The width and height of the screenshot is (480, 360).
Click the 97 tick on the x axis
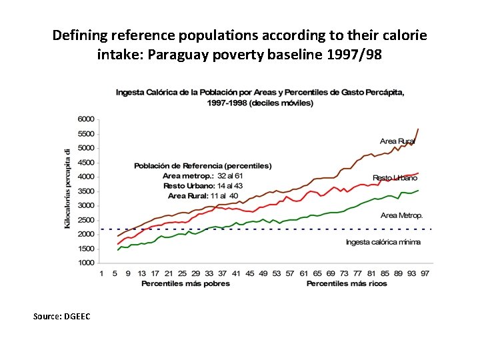425,273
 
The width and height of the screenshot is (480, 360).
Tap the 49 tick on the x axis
263,273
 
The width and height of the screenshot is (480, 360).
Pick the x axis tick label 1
101,273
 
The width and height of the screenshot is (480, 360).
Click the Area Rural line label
397,141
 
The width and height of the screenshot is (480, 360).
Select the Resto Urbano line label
395,178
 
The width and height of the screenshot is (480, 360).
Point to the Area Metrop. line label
401,215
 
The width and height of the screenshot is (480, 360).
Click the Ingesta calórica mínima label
383,242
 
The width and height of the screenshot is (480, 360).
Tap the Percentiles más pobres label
185,283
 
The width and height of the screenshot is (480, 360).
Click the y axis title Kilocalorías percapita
67,189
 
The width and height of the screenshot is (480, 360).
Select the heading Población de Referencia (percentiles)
203,165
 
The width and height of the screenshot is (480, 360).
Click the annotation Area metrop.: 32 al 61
202,175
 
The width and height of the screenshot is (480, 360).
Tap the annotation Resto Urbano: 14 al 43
203,185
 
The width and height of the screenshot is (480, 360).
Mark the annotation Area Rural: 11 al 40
203,196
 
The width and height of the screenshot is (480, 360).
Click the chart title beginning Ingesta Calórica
260,97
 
